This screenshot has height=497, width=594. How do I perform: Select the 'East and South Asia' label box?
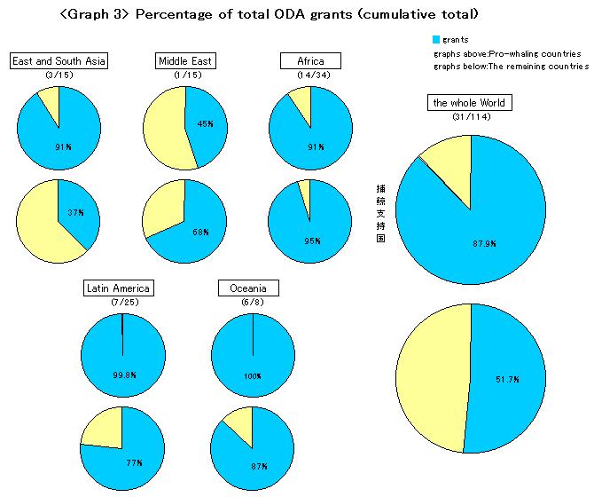point(59,61)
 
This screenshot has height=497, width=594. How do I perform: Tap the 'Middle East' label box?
point(185,61)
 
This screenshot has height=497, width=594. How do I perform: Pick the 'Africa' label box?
point(310,61)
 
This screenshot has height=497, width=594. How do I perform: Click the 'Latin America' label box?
point(119,288)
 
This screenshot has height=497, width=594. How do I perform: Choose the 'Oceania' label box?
point(249,288)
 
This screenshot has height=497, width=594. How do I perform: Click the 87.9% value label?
point(483,241)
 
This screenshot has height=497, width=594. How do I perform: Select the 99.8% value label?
point(124,375)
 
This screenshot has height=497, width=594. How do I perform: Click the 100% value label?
point(253,376)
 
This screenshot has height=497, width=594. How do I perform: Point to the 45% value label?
point(205,124)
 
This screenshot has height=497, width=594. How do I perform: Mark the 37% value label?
point(77,213)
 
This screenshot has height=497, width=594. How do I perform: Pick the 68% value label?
point(202,233)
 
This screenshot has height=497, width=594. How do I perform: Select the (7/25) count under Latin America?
point(119,303)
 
